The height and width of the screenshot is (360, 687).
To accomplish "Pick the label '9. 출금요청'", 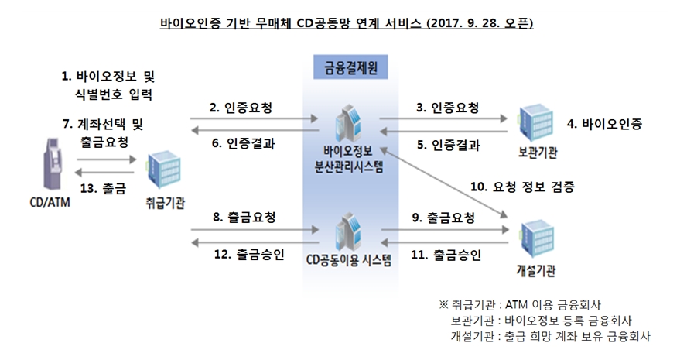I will coord(444,218).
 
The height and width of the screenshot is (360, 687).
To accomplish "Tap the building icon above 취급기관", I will coord(163,170).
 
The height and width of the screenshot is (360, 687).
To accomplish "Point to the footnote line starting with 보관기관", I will coord(542,320).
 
